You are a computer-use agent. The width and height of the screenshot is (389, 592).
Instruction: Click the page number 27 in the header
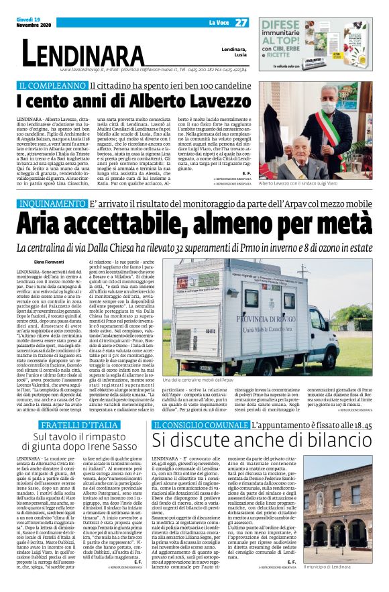tap(241, 23)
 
